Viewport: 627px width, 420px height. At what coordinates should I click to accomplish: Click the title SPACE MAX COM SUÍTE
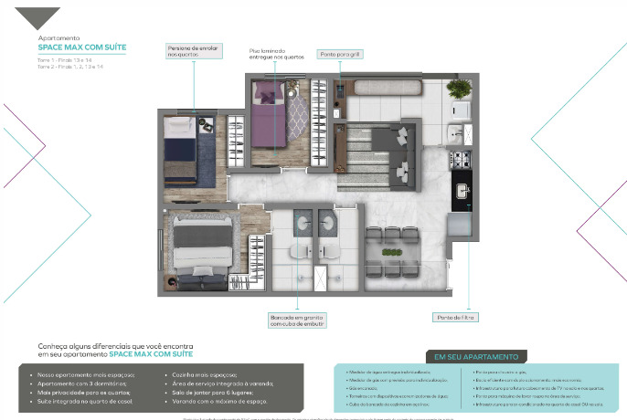[82, 46]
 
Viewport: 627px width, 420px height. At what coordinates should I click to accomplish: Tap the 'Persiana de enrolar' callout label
[194, 50]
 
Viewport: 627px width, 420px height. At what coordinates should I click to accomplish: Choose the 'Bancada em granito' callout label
[297, 320]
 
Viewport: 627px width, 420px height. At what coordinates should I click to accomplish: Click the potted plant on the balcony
[460, 89]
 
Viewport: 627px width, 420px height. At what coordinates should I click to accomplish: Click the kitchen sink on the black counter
[462, 194]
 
